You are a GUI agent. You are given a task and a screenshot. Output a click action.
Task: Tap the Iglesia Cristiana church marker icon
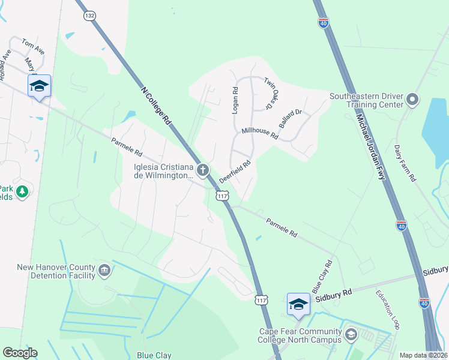click(203, 171)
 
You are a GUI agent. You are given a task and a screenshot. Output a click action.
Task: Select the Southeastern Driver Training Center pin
click(412, 100)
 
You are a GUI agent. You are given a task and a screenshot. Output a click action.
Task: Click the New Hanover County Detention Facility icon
click(104, 271)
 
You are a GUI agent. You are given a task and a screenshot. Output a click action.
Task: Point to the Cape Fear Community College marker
click(351, 335)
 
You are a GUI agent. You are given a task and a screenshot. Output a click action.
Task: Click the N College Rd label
click(156, 106)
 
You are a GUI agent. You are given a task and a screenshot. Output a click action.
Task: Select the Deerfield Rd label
click(234, 171)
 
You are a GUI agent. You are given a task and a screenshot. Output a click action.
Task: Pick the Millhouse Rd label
click(259, 133)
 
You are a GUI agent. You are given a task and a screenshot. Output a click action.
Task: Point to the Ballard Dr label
click(289, 118)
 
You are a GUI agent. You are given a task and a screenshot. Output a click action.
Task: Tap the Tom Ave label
click(33, 47)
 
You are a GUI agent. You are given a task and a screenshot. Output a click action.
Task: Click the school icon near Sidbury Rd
click(298, 304)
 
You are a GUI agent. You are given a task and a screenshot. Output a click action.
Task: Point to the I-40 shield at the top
click(323, 22)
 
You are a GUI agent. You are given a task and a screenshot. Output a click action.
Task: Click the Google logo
click(20, 353)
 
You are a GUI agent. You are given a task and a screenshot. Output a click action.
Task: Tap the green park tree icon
click(22, 191)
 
